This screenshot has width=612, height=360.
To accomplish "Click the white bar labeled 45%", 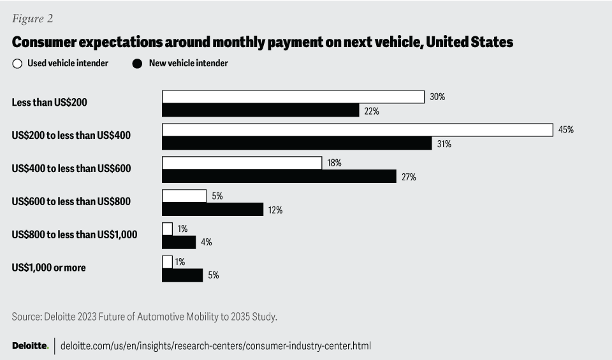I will (357, 130).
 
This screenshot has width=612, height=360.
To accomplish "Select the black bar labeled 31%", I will (297, 143).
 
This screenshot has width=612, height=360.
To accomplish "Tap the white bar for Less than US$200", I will (293, 97).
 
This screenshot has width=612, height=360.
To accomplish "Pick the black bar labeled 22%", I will (261, 110).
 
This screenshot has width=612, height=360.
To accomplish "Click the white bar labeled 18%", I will (242, 163).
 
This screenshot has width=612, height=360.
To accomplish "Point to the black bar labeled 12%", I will (213, 209).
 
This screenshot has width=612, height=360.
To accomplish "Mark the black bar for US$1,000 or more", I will (182, 275).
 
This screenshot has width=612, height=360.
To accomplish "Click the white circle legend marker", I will (17, 64).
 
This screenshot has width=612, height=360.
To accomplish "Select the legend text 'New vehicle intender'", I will (188, 63).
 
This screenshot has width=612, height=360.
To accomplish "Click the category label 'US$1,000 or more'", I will (48, 268).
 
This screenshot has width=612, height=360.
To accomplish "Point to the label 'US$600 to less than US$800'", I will (71, 202).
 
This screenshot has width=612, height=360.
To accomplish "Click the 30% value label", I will (437, 97).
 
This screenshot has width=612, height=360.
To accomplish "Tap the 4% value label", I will (206, 242).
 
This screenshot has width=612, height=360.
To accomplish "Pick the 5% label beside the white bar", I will (217, 196).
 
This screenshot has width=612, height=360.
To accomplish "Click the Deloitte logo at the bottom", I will (30, 345).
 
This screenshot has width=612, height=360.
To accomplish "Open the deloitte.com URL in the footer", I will (215, 345).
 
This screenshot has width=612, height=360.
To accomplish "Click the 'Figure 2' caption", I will (32, 18).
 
